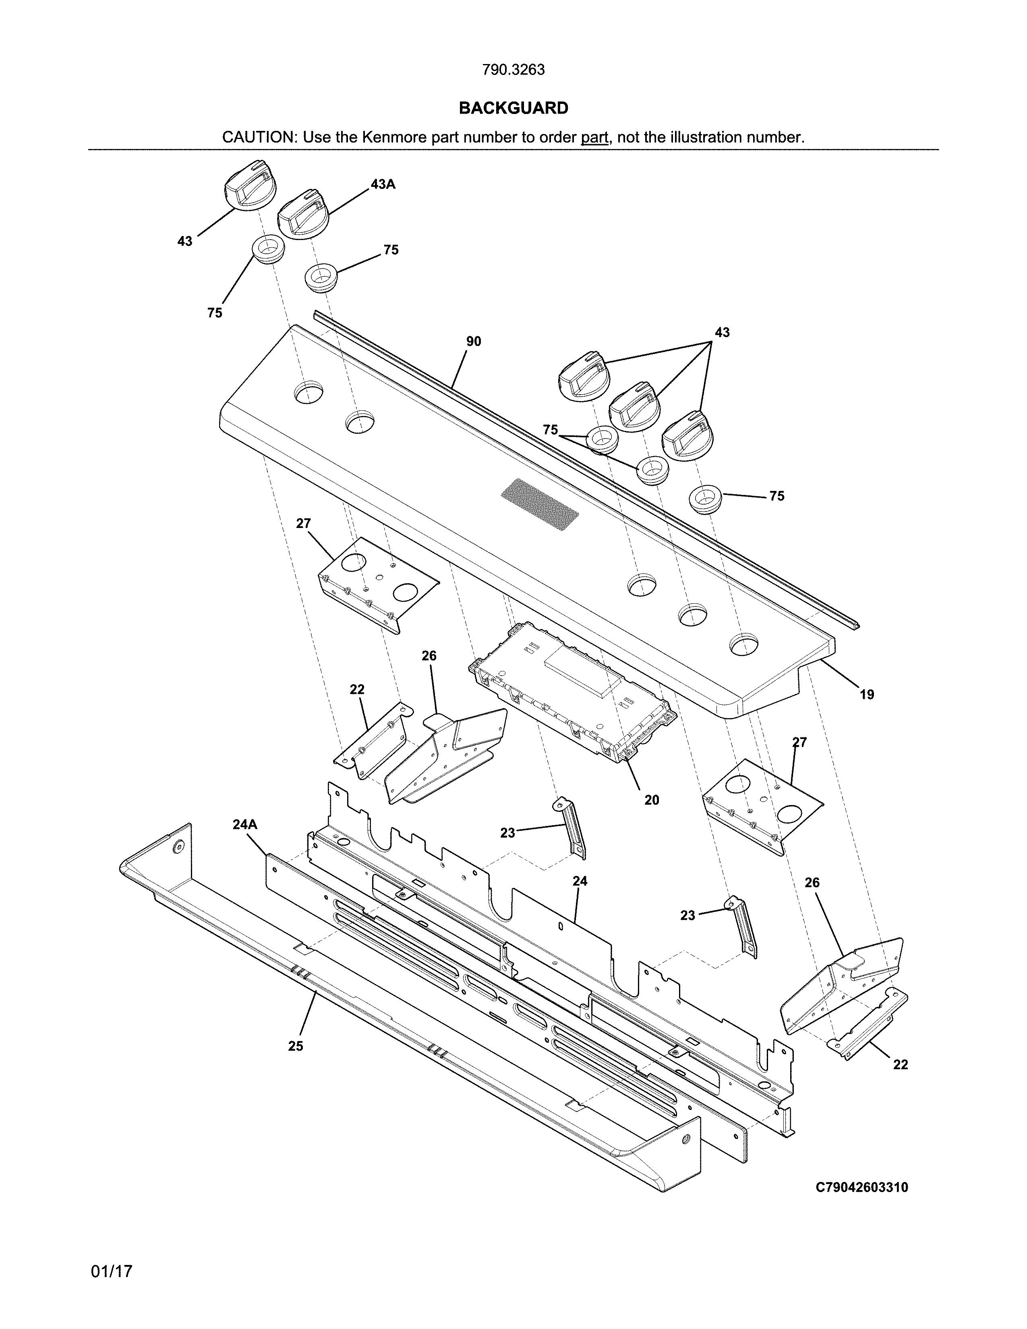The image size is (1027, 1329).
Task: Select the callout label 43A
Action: [383, 184]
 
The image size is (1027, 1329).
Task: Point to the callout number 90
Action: [473, 342]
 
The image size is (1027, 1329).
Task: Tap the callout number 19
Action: [866, 694]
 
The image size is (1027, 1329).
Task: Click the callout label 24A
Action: [244, 824]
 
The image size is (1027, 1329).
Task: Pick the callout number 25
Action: [295, 1046]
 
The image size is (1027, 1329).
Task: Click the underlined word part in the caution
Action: [594, 137]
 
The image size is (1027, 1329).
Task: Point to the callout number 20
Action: [652, 800]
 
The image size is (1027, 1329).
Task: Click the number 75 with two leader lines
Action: [550, 430]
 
